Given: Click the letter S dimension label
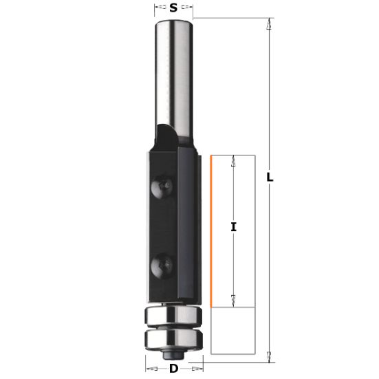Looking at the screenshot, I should pos(173,9).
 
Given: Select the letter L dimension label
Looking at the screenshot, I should pos(270,177).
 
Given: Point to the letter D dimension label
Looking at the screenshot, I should pos(174,369).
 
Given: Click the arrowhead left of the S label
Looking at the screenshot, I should pos(158,9).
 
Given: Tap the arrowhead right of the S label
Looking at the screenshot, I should pos(189,9).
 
